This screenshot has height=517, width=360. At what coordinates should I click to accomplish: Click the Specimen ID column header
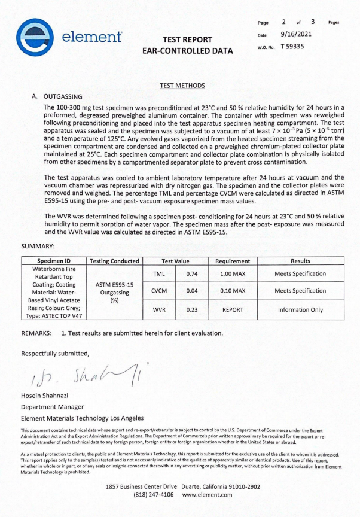pyautogui.click(x=54, y=261)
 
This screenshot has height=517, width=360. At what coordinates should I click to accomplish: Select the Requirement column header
pyautogui.click(x=233, y=261)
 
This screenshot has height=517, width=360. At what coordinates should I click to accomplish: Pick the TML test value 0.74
pyautogui.click(x=192, y=273)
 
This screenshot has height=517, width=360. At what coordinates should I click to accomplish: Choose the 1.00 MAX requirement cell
pyautogui.click(x=233, y=273)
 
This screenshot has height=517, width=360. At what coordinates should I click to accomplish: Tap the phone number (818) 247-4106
pyautogui.click(x=153, y=495)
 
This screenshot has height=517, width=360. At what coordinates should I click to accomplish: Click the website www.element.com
pyautogui.click(x=207, y=495)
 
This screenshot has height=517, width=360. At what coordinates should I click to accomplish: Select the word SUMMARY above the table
pyautogui.click(x=38, y=246)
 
